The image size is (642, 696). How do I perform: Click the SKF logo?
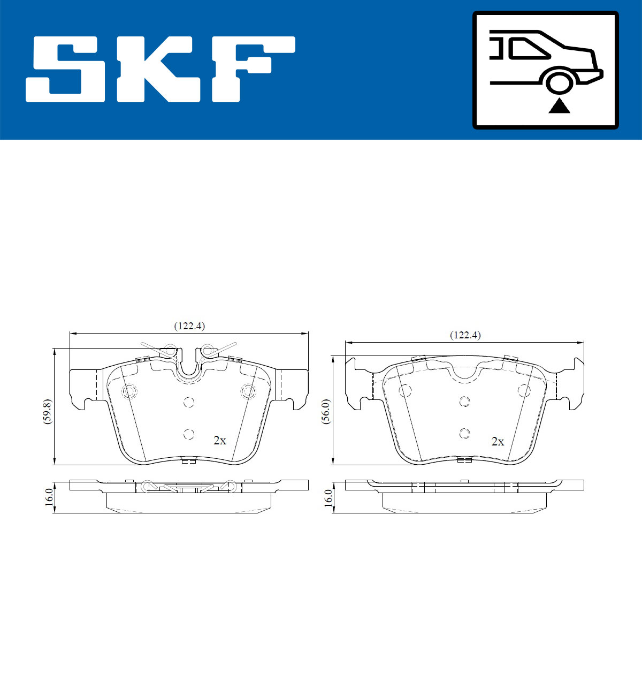coord(160,70)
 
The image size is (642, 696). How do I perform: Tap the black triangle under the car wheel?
coord(560,106)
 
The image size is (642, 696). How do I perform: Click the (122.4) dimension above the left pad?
coord(189,326)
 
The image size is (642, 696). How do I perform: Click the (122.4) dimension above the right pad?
coord(465,335)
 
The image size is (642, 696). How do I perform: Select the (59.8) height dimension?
coord(47,411)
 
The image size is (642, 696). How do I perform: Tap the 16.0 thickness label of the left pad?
coord(49,497)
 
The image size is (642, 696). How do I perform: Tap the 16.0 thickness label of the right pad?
coord(327,497)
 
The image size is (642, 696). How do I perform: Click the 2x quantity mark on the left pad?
coord(219,441)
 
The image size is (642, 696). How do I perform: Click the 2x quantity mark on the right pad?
coord(498,441)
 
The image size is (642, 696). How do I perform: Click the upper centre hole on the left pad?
coord(188,402)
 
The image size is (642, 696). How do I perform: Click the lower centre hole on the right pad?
coord(464,433)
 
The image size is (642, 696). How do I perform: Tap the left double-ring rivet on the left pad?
coord(129,392)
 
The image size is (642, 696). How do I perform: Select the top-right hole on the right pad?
coord(524,390)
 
